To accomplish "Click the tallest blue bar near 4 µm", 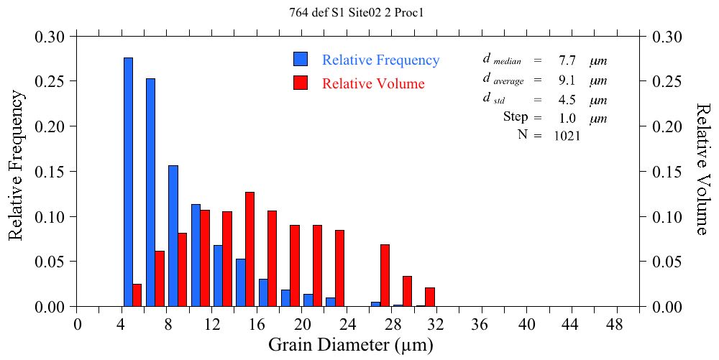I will (x=128, y=182).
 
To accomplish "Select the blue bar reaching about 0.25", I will (x=150, y=193).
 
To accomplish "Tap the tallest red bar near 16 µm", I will (x=249, y=249).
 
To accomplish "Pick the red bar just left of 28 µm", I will (x=385, y=275).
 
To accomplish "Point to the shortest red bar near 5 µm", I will (x=137, y=295).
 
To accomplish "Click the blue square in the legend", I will (x=301, y=60).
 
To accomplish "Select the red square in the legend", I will (x=301, y=83).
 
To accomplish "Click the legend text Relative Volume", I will (x=373, y=83).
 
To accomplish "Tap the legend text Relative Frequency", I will (x=380, y=60).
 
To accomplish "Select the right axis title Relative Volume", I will (x=703, y=168).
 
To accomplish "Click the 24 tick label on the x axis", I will (x=347, y=324).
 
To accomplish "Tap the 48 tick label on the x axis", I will (x=618, y=324).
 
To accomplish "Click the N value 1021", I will (x=567, y=136).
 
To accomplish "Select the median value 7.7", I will (x=567, y=60).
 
